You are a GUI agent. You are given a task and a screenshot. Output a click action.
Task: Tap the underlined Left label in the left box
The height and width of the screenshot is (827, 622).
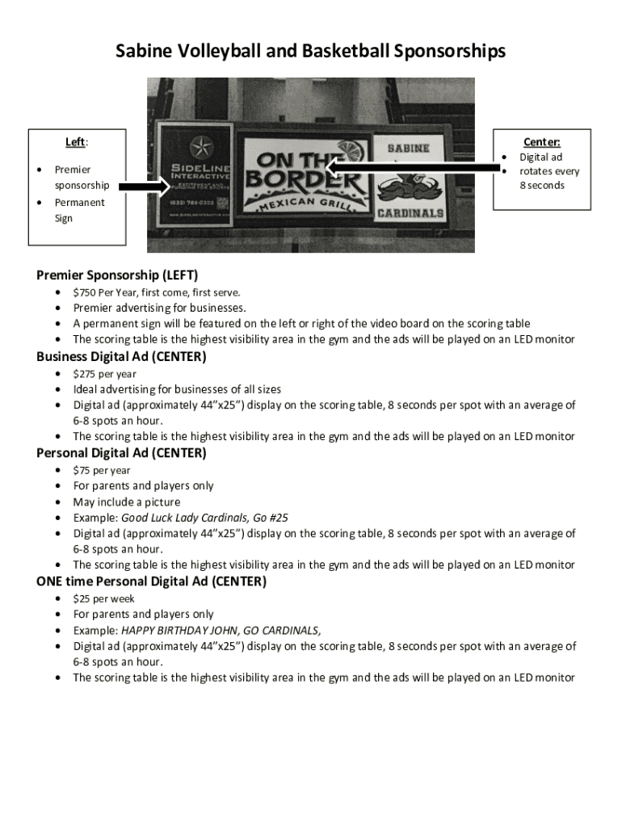click(75, 143)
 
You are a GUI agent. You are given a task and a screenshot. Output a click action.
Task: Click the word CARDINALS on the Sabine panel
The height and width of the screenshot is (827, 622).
click(409, 213)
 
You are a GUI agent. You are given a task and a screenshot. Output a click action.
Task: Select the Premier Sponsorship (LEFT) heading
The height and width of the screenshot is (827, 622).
click(117, 275)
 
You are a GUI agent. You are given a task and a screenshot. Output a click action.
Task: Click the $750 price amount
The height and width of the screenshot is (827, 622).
click(84, 292)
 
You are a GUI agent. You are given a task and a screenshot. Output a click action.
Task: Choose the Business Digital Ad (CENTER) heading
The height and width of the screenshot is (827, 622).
click(121, 356)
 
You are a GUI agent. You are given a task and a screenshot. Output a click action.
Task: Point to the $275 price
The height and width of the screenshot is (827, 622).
click(84, 374)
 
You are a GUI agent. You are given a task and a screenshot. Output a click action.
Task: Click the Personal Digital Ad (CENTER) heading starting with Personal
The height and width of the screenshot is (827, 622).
click(121, 453)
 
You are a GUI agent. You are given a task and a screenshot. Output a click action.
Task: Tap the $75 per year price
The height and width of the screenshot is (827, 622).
click(82, 470)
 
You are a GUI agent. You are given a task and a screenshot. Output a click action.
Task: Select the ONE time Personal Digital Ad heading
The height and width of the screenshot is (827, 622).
click(151, 581)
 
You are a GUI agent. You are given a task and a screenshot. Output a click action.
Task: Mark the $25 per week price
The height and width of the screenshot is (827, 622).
click(82, 598)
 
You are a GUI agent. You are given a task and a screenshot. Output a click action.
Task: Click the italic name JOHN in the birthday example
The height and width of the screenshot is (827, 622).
click(217, 630)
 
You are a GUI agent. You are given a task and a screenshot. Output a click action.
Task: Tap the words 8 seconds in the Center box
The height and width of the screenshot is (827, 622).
click(542, 186)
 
